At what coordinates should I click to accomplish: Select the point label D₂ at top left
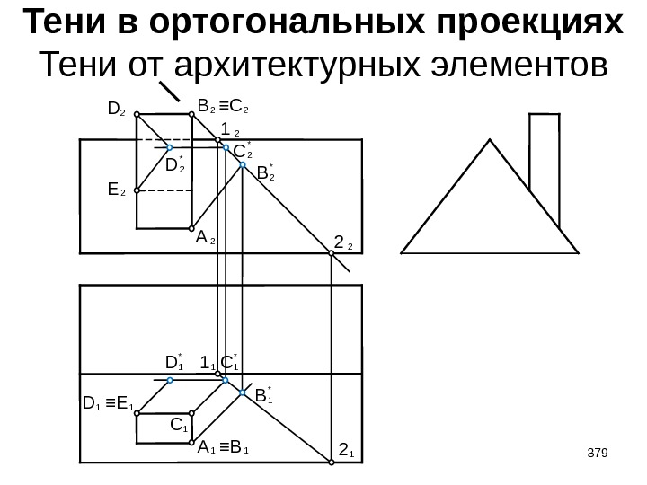tap(115, 110)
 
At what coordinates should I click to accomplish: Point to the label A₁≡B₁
tap(224, 446)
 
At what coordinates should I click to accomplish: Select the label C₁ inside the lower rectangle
tap(180, 423)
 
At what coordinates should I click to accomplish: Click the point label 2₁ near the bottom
tap(346, 449)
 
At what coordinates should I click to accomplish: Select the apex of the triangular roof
tap(491, 140)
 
